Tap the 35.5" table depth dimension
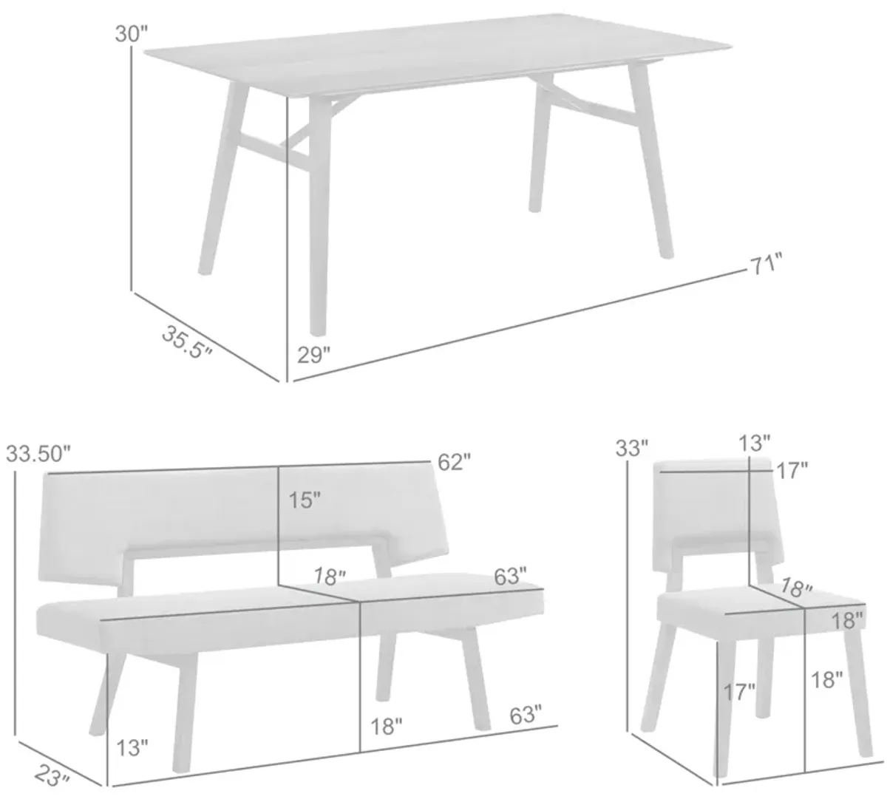pos(186,341)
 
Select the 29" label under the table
pos(313,356)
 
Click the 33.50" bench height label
pos(38,455)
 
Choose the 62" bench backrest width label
pos(454,463)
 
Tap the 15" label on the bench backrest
pos(305,500)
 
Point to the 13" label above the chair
pos(755,444)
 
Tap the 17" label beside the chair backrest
pos(792,471)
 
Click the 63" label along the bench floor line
pos(526,715)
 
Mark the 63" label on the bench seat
pos(510,576)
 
